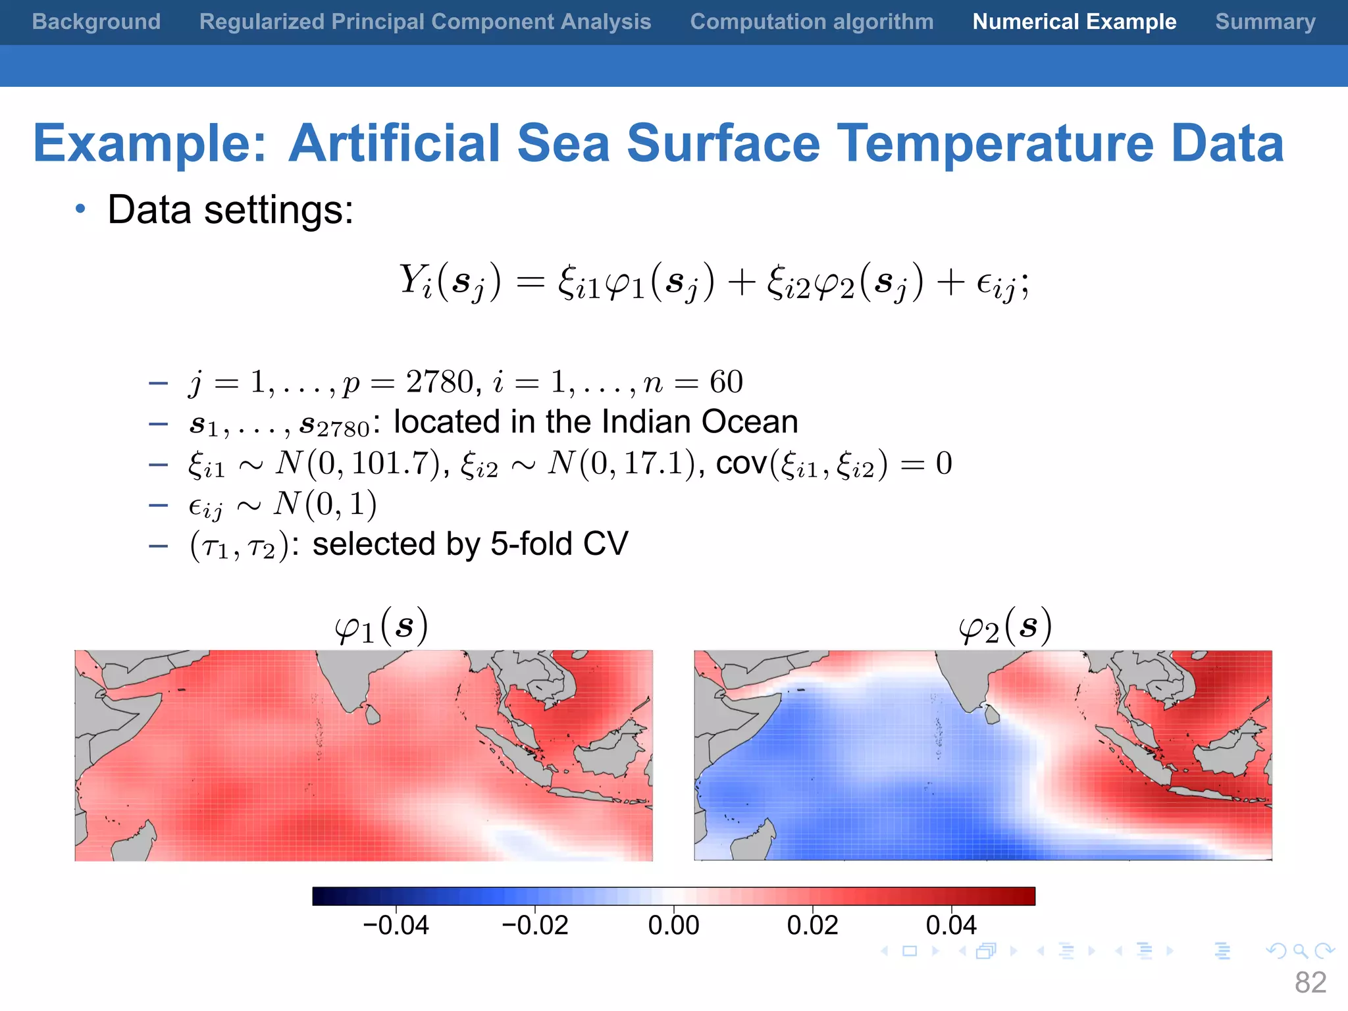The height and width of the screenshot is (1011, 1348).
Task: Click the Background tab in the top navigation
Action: pyautogui.click(x=96, y=22)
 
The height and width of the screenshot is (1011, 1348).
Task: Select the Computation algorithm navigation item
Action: pyautogui.click(x=812, y=22)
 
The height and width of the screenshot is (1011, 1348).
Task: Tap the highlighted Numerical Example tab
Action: pyautogui.click(x=1074, y=22)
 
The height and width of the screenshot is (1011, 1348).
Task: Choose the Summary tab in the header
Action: pyautogui.click(x=1265, y=22)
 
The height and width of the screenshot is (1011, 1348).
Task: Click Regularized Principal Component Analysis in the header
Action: pyautogui.click(x=425, y=22)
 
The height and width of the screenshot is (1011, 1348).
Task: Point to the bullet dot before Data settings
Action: pyautogui.click(x=80, y=209)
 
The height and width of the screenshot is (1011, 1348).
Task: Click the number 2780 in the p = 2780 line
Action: pyautogui.click(x=439, y=382)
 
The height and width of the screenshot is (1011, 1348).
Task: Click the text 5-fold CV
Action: pyautogui.click(x=559, y=544)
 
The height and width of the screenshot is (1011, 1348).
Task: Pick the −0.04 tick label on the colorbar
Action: pyautogui.click(x=396, y=925)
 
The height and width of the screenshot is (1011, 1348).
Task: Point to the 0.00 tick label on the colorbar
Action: pyautogui.click(x=673, y=925)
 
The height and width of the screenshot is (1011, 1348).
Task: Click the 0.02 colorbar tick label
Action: pyautogui.click(x=812, y=925)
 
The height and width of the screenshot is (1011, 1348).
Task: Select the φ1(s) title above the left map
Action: pyautogui.click(x=381, y=627)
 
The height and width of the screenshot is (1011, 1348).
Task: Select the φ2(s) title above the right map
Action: pyautogui.click(x=1004, y=627)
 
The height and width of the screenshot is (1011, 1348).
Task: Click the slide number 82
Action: pyautogui.click(x=1310, y=983)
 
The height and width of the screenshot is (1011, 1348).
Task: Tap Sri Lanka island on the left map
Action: pyautogui.click(x=372, y=714)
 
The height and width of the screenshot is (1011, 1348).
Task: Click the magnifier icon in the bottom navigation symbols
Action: pyautogui.click(x=1300, y=951)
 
